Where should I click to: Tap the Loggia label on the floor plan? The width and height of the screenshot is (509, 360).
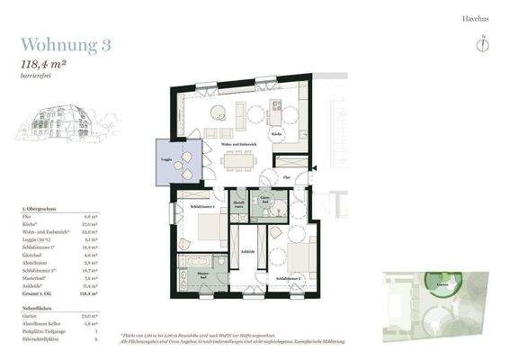tap(166, 159)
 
